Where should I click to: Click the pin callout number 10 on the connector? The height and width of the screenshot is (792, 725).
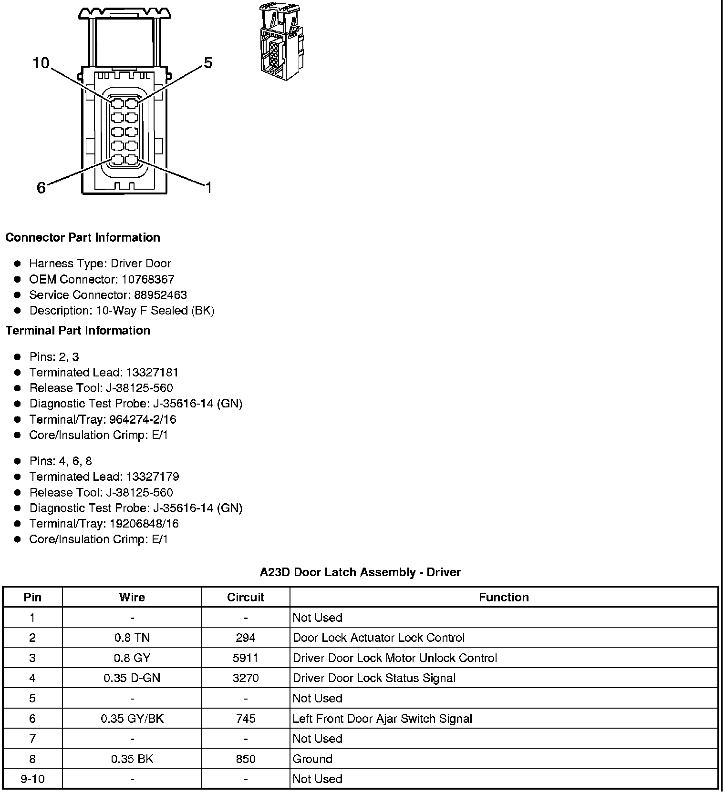pos(41,63)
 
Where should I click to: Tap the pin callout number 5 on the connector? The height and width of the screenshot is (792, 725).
pos(208,63)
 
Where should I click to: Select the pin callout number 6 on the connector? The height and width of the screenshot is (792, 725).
pos(41,188)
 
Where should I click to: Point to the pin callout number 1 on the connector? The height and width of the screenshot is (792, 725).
pos(208,188)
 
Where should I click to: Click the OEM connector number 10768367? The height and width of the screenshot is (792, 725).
pos(148,279)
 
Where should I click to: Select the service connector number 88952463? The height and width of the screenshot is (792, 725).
pos(160,295)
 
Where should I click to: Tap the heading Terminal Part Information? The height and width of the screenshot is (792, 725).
pos(78,330)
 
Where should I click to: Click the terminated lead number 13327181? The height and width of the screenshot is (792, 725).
pos(152,372)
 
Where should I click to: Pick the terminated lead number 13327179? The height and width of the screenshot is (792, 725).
pos(152,477)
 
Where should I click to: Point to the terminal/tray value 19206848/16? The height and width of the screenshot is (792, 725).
pos(144,524)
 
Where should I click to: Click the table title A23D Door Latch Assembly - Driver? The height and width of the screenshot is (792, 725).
pos(360,572)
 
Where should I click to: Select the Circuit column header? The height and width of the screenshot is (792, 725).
pos(246,597)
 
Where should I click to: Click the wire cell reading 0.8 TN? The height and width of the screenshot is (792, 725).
pos(132,638)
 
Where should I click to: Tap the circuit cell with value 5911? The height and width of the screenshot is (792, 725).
pos(246,658)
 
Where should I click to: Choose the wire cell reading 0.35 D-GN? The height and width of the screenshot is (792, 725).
pos(132,678)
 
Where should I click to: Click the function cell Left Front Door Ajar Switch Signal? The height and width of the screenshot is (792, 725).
pos(382,719)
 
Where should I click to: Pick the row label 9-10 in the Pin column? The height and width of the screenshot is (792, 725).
pos(32,779)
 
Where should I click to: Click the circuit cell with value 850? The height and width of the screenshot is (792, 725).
pos(246,759)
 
